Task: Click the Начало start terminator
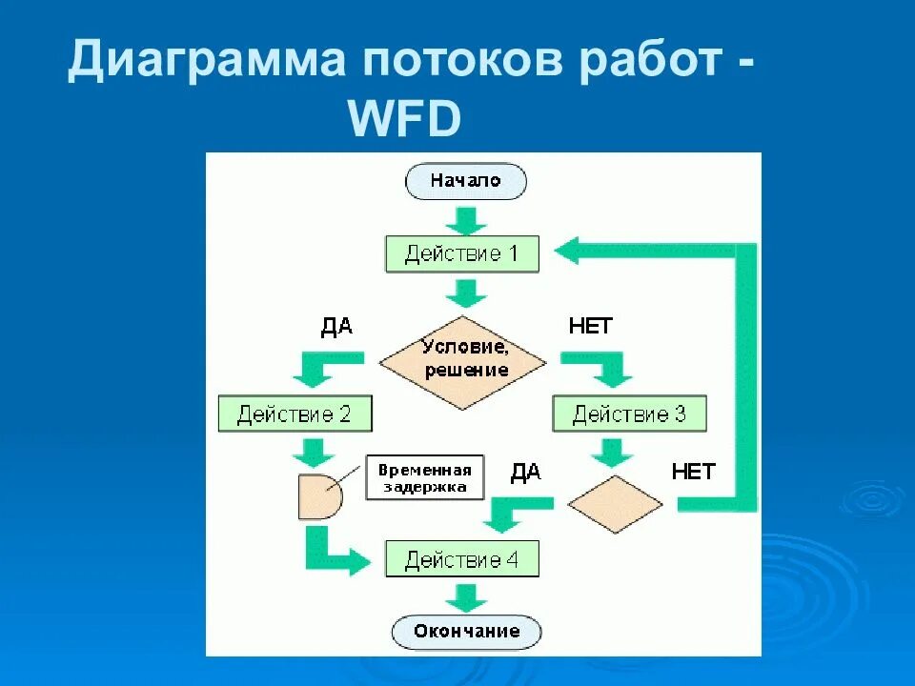465,181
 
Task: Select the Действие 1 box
462,254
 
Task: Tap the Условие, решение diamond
463,362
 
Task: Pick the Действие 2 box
295,414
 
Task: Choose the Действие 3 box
629,414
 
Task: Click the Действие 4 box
462,559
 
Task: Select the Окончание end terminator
466,631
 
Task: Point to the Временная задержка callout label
424,478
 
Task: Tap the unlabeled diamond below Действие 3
615,503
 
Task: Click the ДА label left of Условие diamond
336,327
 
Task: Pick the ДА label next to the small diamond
526,473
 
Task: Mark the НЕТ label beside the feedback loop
693,472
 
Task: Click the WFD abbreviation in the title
405,121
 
